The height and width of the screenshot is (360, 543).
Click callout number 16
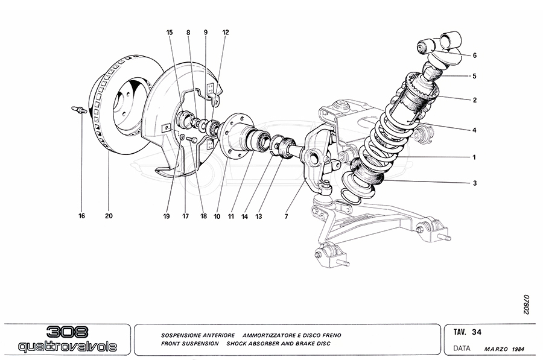pyautogui.click(x=81, y=215)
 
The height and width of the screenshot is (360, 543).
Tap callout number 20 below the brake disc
pyautogui.click(x=109, y=215)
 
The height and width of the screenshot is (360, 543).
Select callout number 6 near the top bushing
pyautogui.click(x=475, y=55)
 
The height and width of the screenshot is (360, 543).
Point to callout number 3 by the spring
pyautogui.click(x=475, y=182)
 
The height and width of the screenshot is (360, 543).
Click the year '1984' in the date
pyautogui.click(x=518, y=349)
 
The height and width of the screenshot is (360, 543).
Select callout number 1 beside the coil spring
pyautogui.click(x=475, y=157)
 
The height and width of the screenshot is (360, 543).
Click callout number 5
pyautogui.click(x=475, y=76)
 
